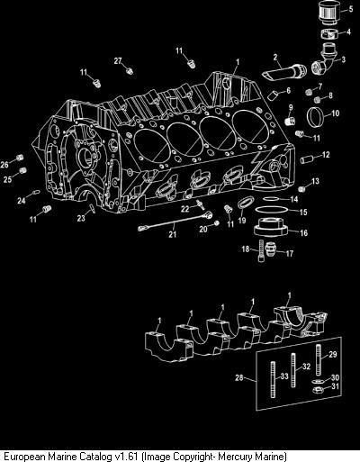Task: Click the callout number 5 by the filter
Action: [x=351, y=9]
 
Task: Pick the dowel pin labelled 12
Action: [x=307, y=159]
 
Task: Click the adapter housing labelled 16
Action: [x=271, y=228]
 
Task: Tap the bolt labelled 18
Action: [x=261, y=250]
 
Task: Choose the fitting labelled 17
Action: [x=273, y=251]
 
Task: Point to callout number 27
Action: [x=118, y=61]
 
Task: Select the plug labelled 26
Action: [x=20, y=158]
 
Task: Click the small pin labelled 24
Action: [x=36, y=192]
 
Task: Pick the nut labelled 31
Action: [x=318, y=390]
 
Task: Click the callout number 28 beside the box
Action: [x=239, y=377]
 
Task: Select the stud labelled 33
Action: [x=273, y=379]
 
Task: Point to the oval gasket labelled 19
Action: [x=246, y=202]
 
